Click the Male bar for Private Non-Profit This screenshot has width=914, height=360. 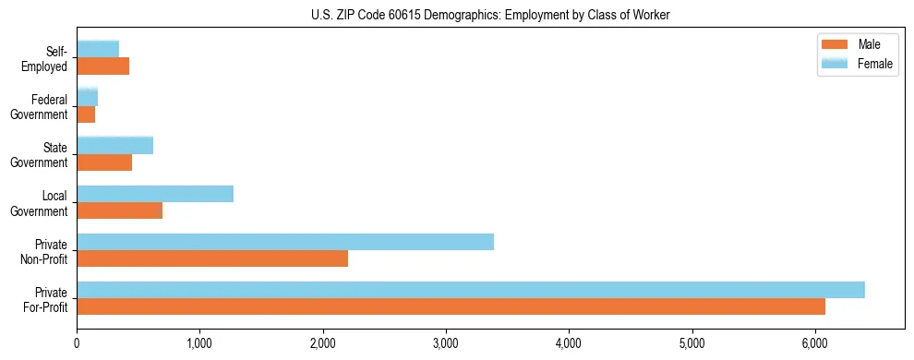pyautogui.click(x=212, y=258)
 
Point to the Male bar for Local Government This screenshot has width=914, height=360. pyautogui.click(x=120, y=210)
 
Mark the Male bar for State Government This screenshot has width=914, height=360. pyautogui.click(x=104, y=162)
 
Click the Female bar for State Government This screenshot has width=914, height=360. pyautogui.click(x=115, y=146)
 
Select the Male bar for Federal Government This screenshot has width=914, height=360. pyautogui.click(x=86, y=114)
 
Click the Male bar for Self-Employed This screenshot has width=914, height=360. pyautogui.click(x=103, y=66)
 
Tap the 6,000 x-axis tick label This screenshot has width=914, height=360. pyautogui.click(x=814, y=342)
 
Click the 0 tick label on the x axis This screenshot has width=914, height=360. pyautogui.click(x=78, y=342)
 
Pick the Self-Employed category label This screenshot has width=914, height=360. pyautogui.click(x=47, y=59)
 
